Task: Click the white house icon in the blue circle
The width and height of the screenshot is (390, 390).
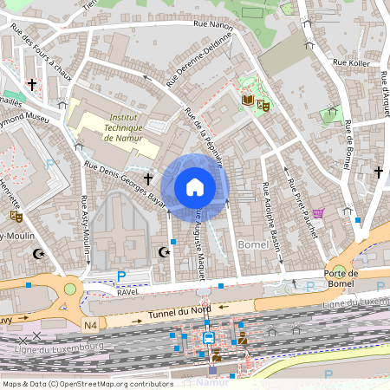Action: [195, 186]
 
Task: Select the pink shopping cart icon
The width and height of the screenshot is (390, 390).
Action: [319, 213]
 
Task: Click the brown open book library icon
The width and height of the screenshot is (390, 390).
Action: [249, 101]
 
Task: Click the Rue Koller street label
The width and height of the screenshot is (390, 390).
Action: [350, 62]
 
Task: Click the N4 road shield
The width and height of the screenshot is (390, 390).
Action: [91, 325]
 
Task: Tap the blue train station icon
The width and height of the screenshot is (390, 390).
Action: [209, 338]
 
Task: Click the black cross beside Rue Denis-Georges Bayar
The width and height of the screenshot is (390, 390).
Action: [148, 179]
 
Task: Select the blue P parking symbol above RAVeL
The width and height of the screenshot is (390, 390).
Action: [121, 276]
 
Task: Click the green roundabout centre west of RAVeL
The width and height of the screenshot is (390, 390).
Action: [69, 289]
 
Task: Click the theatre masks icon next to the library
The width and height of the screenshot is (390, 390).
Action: [263, 105]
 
